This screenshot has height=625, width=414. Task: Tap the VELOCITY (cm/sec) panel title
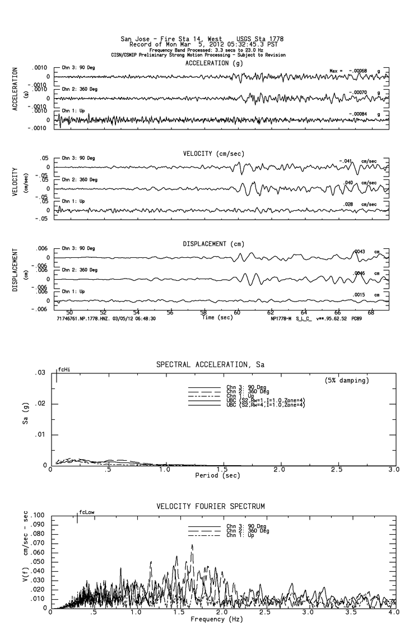pyautogui.click(x=213, y=154)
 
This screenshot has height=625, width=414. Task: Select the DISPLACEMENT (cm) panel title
pyautogui.click(x=213, y=244)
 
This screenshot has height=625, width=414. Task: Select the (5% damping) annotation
pyautogui.click(x=347, y=381)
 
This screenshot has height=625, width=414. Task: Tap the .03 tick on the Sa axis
pyautogui.click(x=40, y=373)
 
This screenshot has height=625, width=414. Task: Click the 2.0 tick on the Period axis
pyautogui.click(x=280, y=470)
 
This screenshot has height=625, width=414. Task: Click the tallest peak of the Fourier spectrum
pyautogui.click(x=192, y=545)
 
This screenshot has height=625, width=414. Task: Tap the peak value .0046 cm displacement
pyautogui.click(x=359, y=272)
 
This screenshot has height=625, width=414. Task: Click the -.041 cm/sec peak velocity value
pyautogui.click(x=346, y=161)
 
